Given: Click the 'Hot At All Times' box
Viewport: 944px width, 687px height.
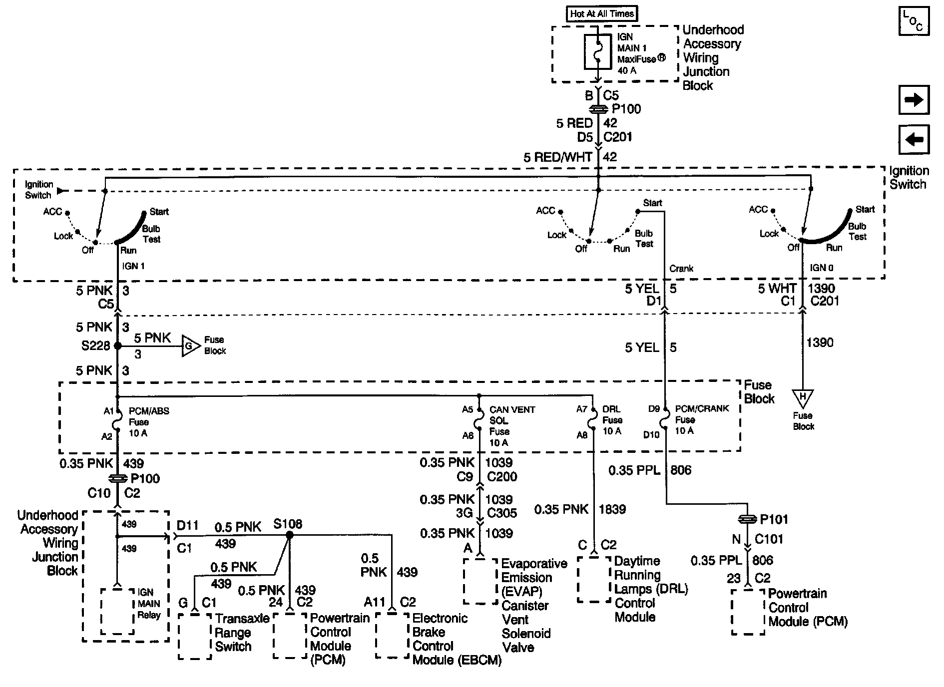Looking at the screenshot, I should pyautogui.click(x=602, y=13).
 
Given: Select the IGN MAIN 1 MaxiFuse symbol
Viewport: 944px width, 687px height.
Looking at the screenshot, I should pyautogui.click(x=598, y=51).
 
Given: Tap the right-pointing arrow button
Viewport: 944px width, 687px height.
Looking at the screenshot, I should pyautogui.click(x=914, y=100).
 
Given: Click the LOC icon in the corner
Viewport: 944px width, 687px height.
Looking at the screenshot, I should pyautogui.click(x=914, y=21).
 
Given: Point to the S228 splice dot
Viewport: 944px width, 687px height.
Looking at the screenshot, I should pyautogui.click(x=118, y=345).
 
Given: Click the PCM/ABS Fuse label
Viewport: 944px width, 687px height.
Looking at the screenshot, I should pyautogui.click(x=148, y=422).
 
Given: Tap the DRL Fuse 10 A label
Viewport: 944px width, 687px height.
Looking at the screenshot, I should pyautogui.click(x=612, y=420).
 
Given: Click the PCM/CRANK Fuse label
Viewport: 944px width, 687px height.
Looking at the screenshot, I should pyautogui.click(x=701, y=419).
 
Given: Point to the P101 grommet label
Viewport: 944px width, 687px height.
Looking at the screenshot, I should pyautogui.click(x=774, y=520).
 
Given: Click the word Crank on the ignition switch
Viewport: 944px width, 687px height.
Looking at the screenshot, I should pyautogui.click(x=681, y=269).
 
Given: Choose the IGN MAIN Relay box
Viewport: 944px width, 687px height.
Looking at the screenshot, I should pyautogui.click(x=118, y=611).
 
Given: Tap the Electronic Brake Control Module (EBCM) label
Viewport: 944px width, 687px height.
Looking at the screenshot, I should pyautogui.click(x=456, y=639).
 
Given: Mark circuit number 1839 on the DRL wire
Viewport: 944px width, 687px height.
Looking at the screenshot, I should pyautogui.click(x=612, y=509).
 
